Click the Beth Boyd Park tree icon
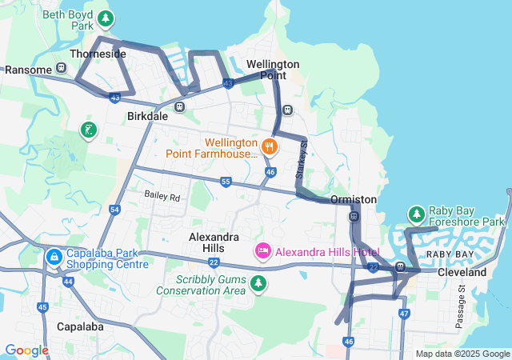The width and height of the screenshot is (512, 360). [105, 18]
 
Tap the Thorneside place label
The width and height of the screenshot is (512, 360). [98, 54]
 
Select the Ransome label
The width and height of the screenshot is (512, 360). [28, 70]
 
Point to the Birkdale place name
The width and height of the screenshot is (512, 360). [147, 116]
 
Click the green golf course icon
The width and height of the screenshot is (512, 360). [88, 130]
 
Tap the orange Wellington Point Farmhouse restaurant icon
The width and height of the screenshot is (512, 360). [270, 146]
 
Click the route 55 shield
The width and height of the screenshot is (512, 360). [226, 182]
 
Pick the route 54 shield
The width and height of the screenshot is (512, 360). [115, 210]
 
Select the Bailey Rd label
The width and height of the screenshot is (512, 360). [162, 196]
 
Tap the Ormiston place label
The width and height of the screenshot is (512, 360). [353, 199]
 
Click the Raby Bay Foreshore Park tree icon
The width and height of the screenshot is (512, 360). [416, 214]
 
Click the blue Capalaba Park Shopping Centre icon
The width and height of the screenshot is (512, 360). [54, 258]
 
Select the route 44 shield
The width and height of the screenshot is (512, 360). [68, 282]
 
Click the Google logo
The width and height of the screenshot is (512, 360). [26, 350]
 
